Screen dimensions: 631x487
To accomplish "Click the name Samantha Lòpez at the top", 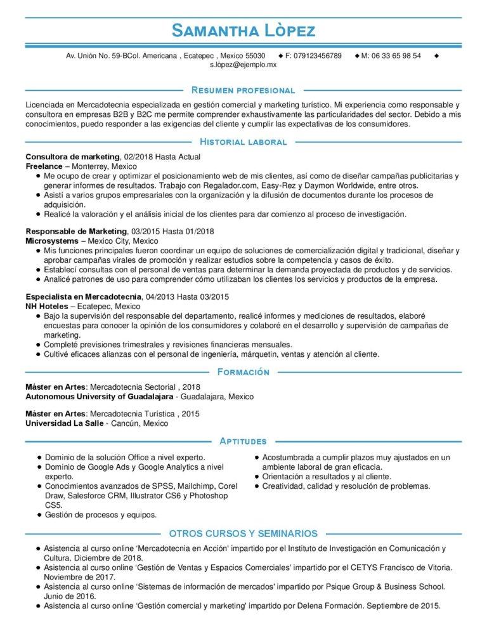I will [243, 30].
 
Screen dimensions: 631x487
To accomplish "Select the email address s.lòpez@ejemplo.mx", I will [243, 65].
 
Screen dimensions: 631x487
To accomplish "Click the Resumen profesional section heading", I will [243, 91].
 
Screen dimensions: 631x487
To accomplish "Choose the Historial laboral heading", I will [243, 142].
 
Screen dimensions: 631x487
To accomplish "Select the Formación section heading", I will [243, 371].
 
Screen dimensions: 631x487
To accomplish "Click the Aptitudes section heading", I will [243, 441].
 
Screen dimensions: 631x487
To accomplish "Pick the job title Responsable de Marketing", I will [76, 232].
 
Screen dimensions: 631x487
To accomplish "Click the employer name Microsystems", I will [52, 242].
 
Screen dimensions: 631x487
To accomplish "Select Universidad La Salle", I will [63, 423].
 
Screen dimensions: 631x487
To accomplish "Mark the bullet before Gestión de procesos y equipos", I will [39, 514].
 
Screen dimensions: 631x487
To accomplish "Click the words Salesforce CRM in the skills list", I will [96, 496].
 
